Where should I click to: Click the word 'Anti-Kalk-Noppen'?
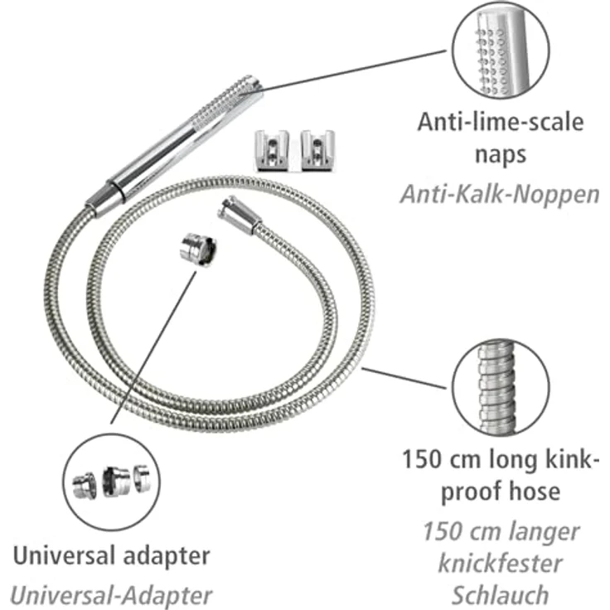point(500,194)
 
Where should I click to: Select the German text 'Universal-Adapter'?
point(111,594)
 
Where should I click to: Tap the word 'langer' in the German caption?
point(539,530)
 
